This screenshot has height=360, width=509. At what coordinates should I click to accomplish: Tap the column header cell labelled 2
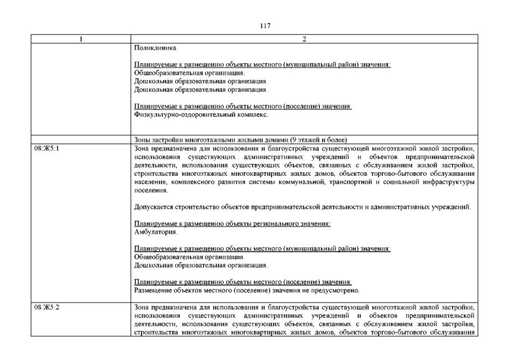click(x=303, y=39)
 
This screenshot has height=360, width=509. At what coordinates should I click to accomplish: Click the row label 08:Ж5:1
click(x=44, y=148)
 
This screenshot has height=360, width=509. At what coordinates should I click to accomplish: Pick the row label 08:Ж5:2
click(x=44, y=308)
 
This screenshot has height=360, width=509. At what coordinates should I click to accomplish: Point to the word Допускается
click(x=154, y=207)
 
